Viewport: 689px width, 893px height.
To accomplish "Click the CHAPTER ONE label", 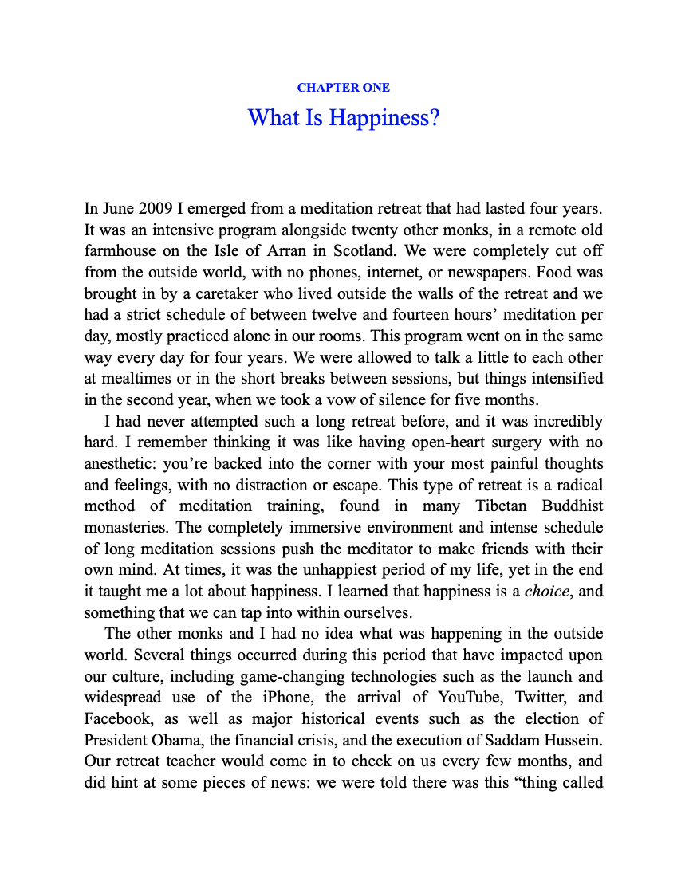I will click(x=344, y=88).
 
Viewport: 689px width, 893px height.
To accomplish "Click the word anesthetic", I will click(x=120, y=463).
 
